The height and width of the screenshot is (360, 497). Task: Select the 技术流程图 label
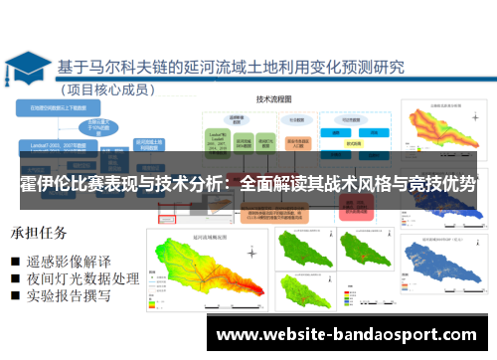[x=272, y=99]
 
